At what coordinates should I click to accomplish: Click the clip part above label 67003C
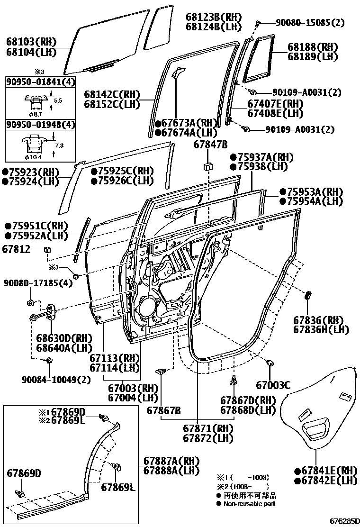pyautogui.click(x=271, y=363)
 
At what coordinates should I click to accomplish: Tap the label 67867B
pyautogui.click(x=163, y=409)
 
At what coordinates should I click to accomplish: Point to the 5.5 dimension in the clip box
pyautogui.click(x=58, y=100)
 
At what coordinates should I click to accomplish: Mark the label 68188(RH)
pyautogui.click(x=313, y=47)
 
